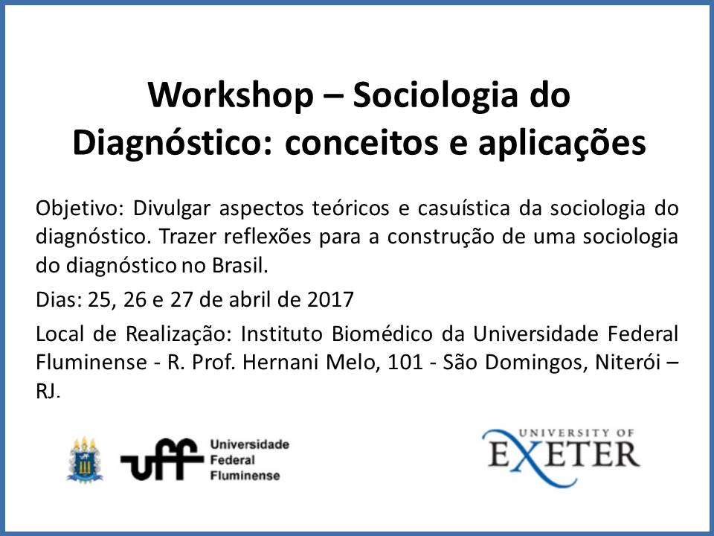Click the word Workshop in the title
coord(231,95)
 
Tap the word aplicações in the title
coord(562,144)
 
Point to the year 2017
coord(330,300)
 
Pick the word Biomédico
coord(382,334)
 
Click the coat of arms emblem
coord(85,459)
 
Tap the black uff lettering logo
coord(161,459)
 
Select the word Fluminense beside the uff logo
coord(245,476)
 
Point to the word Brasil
coord(240,266)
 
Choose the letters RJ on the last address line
coord(47,391)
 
